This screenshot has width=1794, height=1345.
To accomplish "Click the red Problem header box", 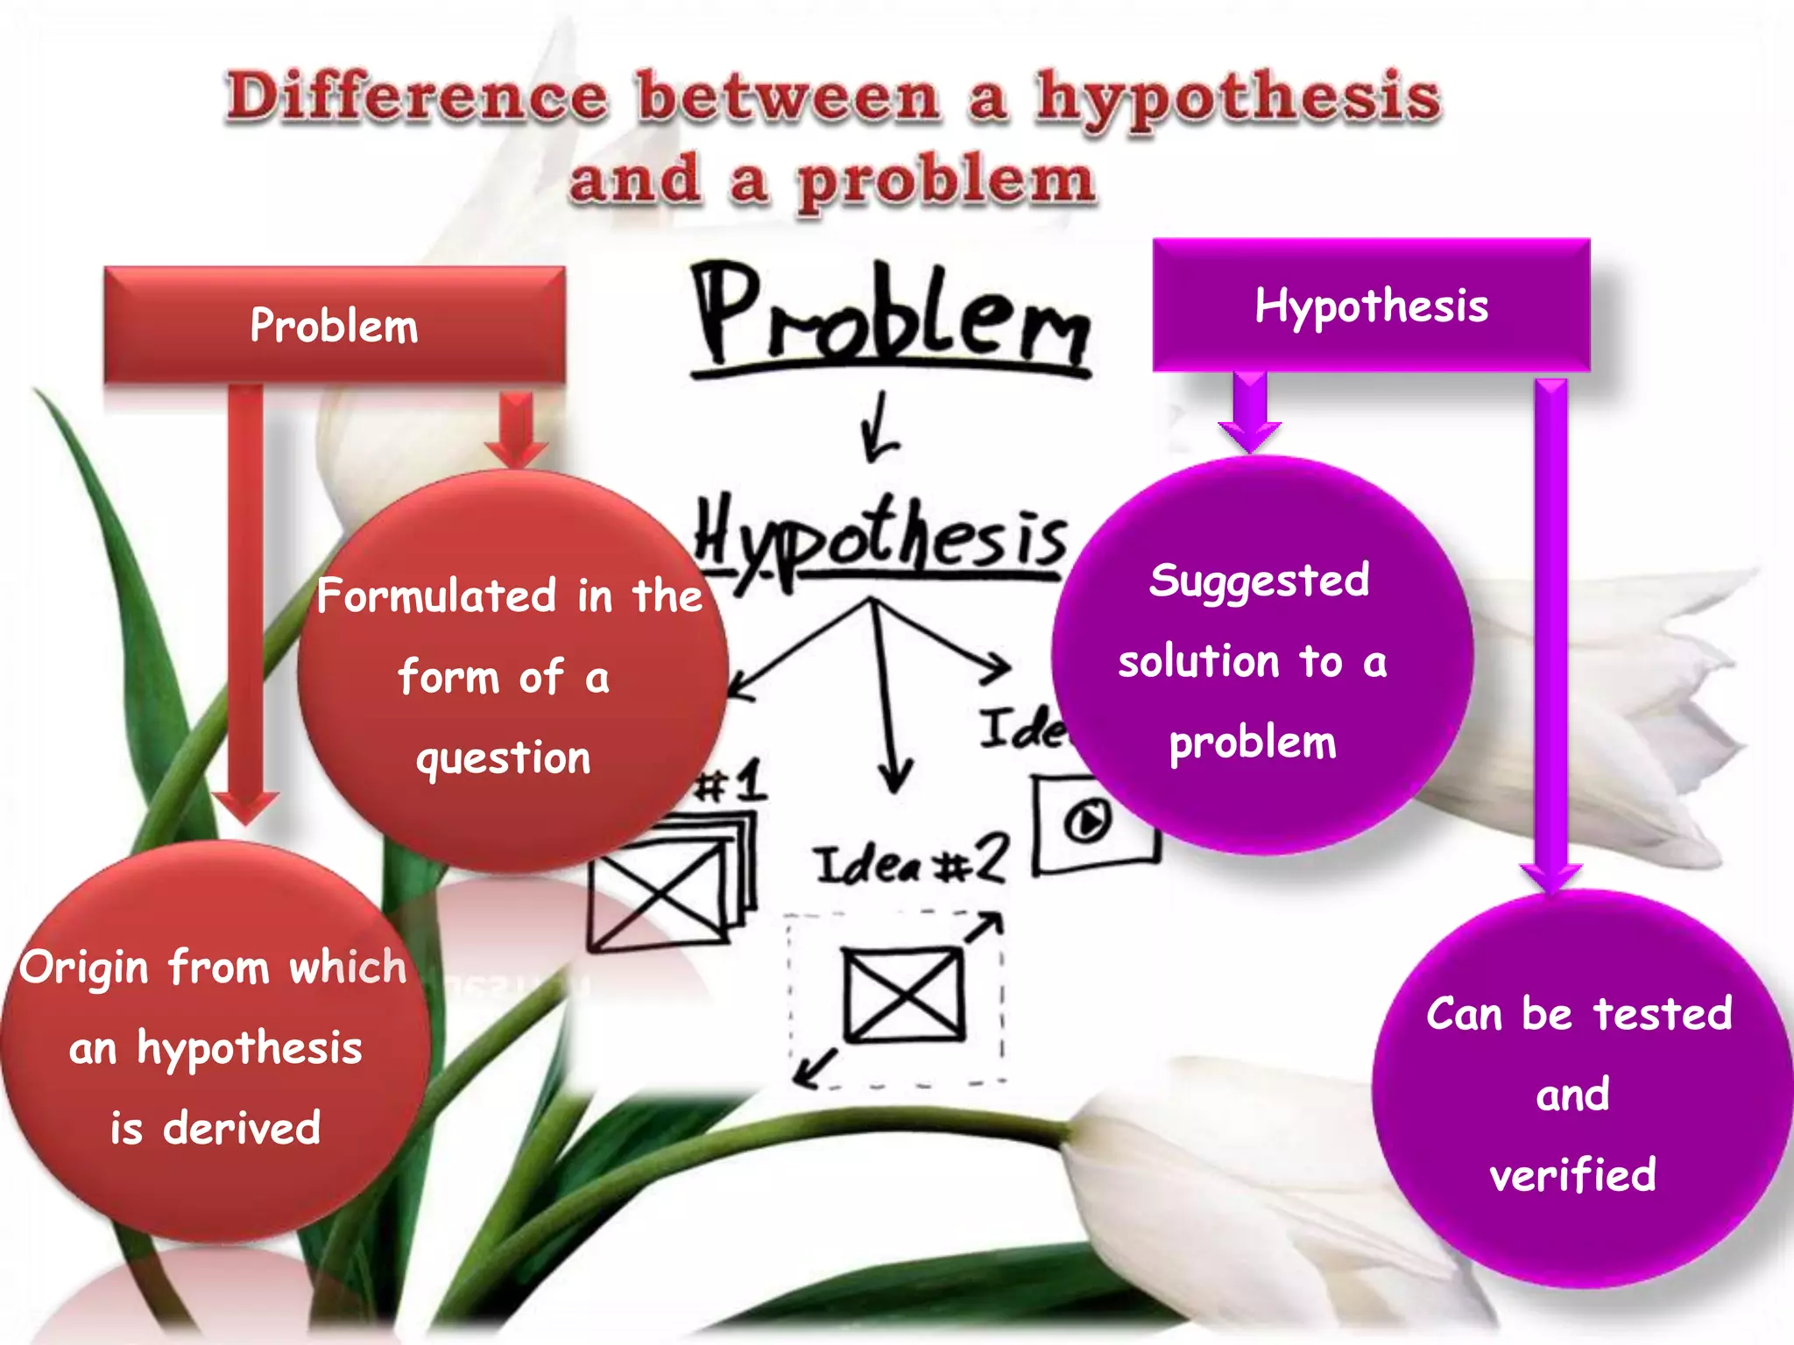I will click(334, 325).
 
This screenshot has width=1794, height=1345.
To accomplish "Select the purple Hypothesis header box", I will click(1371, 306).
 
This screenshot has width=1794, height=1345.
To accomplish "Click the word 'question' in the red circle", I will click(504, 758).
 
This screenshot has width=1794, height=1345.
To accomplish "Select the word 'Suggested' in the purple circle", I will click(1259, 581).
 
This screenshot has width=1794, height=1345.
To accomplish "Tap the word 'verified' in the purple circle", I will click(1572, 1174).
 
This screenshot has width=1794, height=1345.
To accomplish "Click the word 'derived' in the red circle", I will click(242, 1128).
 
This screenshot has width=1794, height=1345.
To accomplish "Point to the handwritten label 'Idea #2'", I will click(911, 862).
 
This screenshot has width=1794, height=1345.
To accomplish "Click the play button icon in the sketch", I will click(1087, 821).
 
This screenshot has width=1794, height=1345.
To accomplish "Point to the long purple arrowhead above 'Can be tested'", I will click(1550, 876).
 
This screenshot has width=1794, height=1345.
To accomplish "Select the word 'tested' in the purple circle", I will click(1662, 1013).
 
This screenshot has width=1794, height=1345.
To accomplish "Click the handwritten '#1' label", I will click(732, 782).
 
